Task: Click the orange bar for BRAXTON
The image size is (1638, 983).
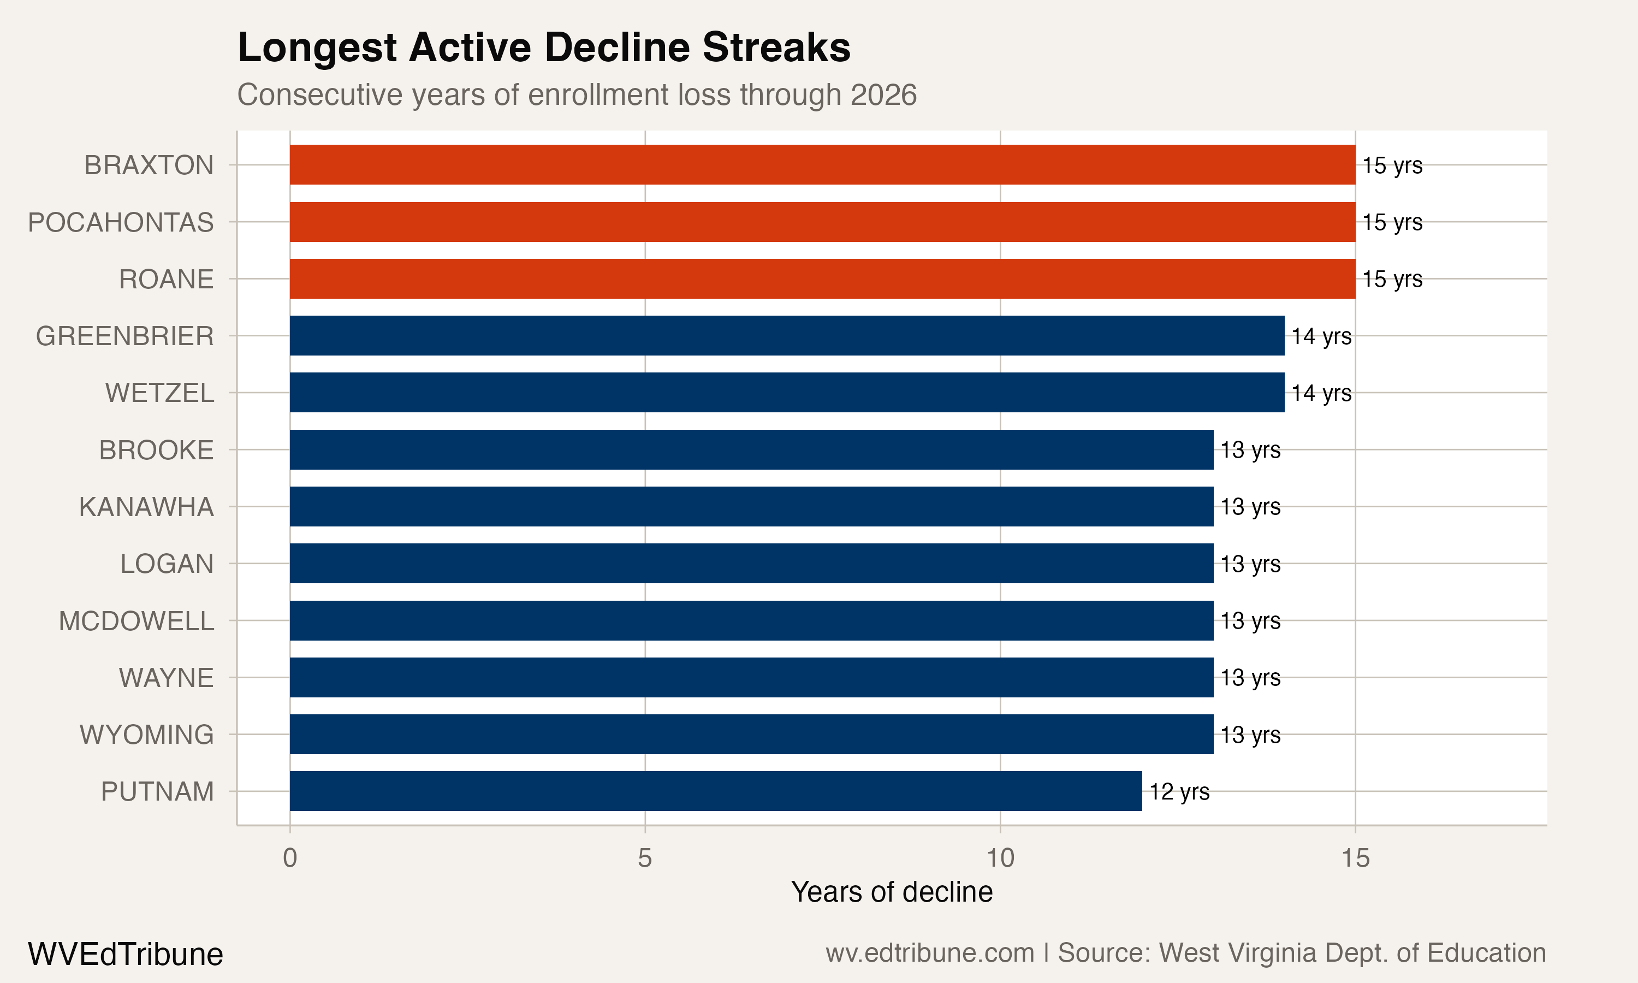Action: point(822,165)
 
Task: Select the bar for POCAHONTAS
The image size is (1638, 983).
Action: point(822,222)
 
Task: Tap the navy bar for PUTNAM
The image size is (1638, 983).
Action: point(716,791)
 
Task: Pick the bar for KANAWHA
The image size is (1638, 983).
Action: point(751,507)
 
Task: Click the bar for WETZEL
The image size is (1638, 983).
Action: point(787,393)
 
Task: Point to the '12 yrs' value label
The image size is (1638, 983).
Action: point(1179,791)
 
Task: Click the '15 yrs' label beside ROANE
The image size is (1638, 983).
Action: point(1392,279)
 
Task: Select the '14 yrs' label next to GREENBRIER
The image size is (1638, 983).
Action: point(1321,336)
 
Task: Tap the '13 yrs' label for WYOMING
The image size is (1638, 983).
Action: point(1251,735)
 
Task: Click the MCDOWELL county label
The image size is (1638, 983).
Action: point(136,621)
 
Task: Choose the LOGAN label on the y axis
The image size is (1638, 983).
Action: point(167,564)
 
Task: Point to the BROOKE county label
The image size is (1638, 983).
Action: point(156,451)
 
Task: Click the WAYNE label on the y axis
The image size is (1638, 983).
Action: point(166,678)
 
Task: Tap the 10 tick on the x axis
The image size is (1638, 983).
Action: point(1000,858)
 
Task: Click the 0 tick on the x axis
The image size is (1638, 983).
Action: point(290,858)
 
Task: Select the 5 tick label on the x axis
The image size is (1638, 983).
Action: point(645,858)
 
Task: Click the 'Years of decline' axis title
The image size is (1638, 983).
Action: point(892,892)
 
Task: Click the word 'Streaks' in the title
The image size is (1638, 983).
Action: point(776,48)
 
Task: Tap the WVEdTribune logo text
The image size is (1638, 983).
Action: point(126,955)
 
